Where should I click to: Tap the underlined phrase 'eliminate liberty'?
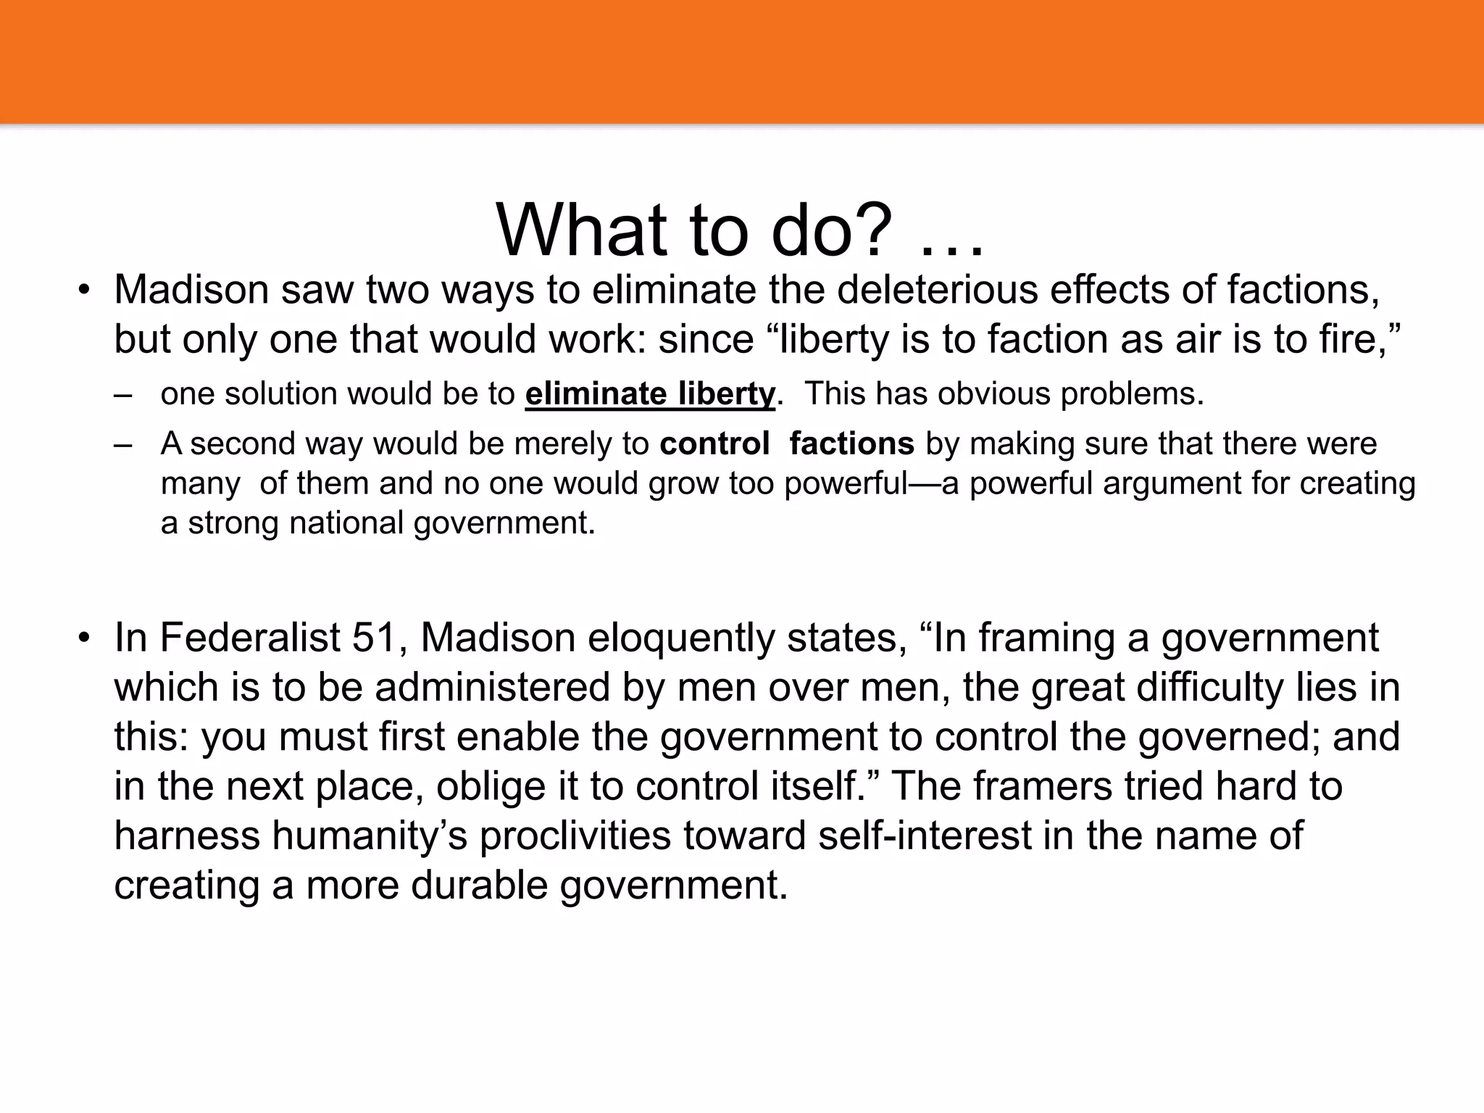coord(650,394)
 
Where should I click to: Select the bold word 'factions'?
coord(851,443)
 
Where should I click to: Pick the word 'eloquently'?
coord(681,638)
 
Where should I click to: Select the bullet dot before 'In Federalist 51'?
coord(85,638)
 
